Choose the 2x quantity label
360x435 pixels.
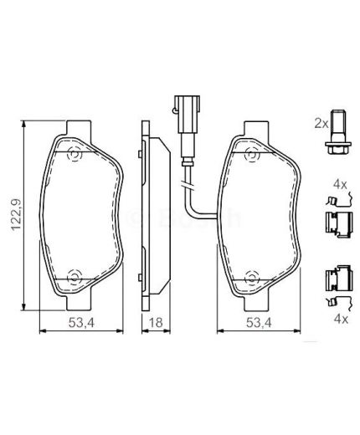pos(318,122)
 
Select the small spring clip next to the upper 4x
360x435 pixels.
pos(333,201)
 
